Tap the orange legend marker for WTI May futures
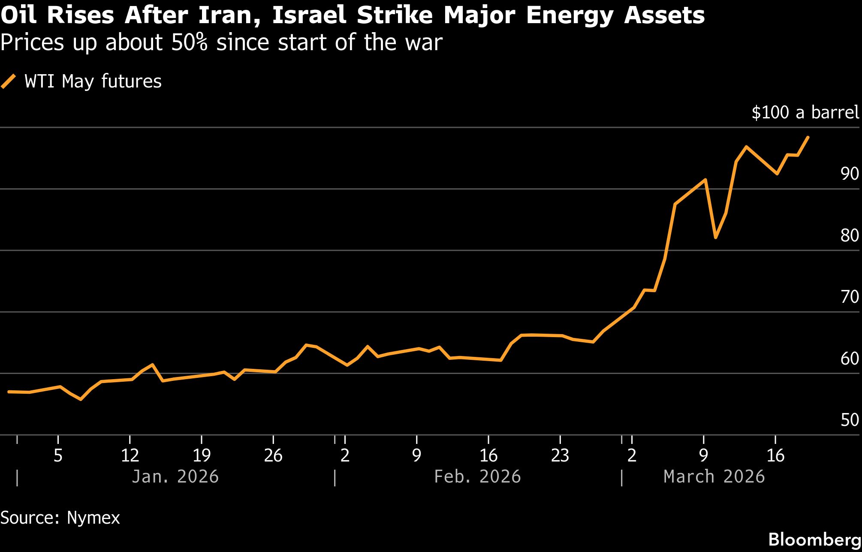click(9, 81)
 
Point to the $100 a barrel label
click(805, 112)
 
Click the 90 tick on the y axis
click(850, 174)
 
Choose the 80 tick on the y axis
click(850, 235)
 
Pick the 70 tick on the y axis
click(850, 297)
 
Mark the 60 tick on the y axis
click(850, 359)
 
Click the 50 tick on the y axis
click(850, 420)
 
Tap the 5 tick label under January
click(58, 455)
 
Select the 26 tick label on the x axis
click(273, 455)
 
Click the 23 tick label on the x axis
click(560, 455)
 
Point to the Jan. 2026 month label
click(175, 477)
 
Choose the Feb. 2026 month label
click(477, 477)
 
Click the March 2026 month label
click(714, 477)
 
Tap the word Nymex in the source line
click(93, 518)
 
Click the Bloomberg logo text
click(814, 540)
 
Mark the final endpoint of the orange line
click(808, 137)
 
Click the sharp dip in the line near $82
click(715, 237)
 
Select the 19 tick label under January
click(202, 455)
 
